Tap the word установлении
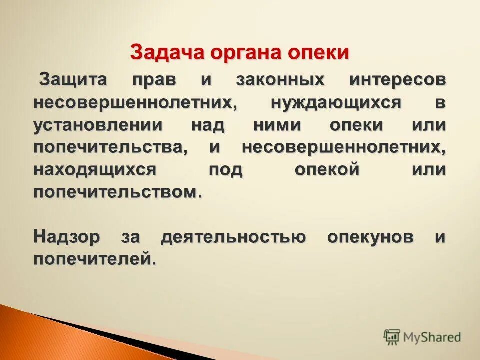pyautogui.click(x=98, y=125)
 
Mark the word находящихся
pyautogui.click(x=95, y=170)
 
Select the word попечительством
pyautogui.click(x=118, y=192)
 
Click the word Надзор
pyautogui.click(x=67, y=237)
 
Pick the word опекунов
pyautogui.click(x=370, y=237)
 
